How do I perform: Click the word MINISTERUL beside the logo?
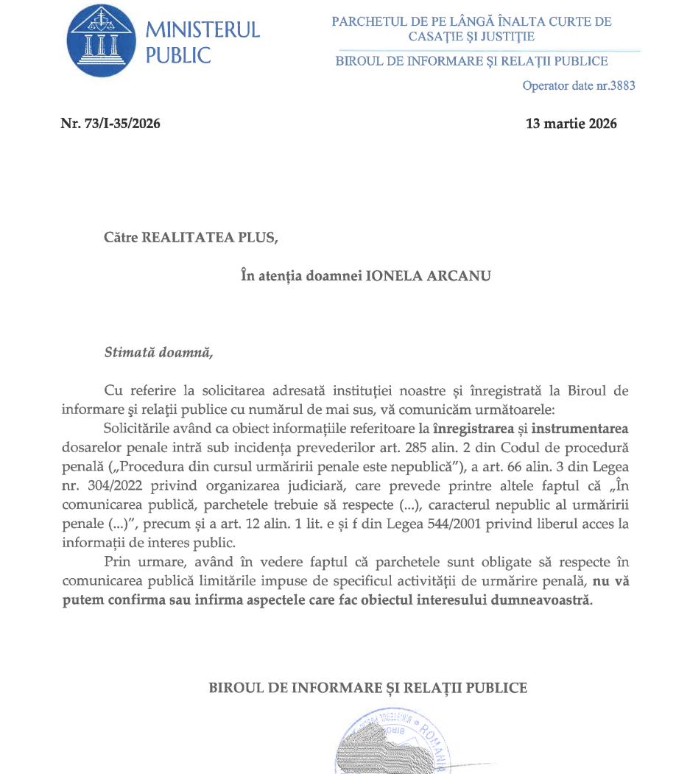coord(203,30)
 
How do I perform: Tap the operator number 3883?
coord(622,86)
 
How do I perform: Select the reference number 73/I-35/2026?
coord(122,124)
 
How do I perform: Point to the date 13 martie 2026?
coord(571,124)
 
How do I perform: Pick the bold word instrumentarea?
coord(577,428)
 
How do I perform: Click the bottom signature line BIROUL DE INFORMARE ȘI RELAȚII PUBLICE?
coord(368,688)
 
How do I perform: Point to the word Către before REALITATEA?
coord(121,238)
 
